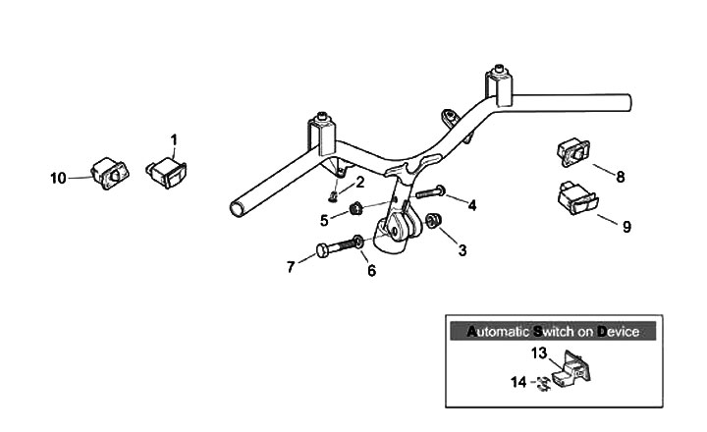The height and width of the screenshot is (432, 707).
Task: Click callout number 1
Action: point(174,139)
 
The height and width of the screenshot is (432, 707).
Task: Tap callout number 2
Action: point(359,182)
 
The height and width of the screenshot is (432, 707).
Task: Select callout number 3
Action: point(462,250)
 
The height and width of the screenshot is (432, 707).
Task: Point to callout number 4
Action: point(471,205)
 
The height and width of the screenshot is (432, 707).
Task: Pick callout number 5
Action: point(325,219)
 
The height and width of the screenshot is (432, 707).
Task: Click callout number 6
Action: point(371,271)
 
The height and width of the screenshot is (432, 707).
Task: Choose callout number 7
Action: point(291,267)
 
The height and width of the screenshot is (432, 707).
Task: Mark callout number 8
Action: point(620,178)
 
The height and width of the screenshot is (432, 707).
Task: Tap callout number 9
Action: point(626,227)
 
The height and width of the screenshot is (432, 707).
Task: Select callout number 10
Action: point(59,178)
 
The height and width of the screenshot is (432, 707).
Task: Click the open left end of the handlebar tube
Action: point(238,207)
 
